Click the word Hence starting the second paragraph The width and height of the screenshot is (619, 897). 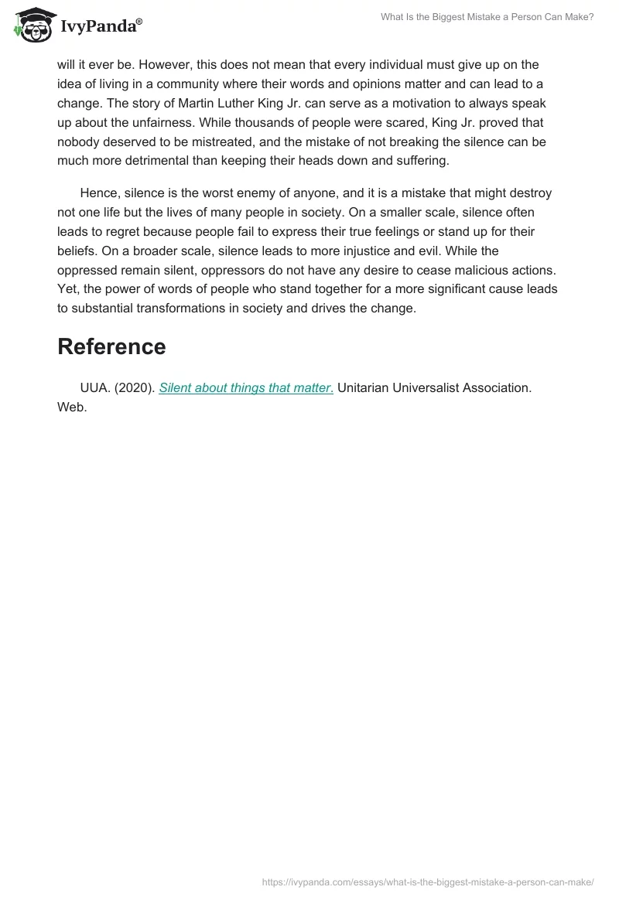click(98, 193)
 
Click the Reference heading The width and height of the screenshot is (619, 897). click(111, 346)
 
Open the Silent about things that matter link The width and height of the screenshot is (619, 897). click(246, 388)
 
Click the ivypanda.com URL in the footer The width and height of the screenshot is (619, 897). click(428, 882)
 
